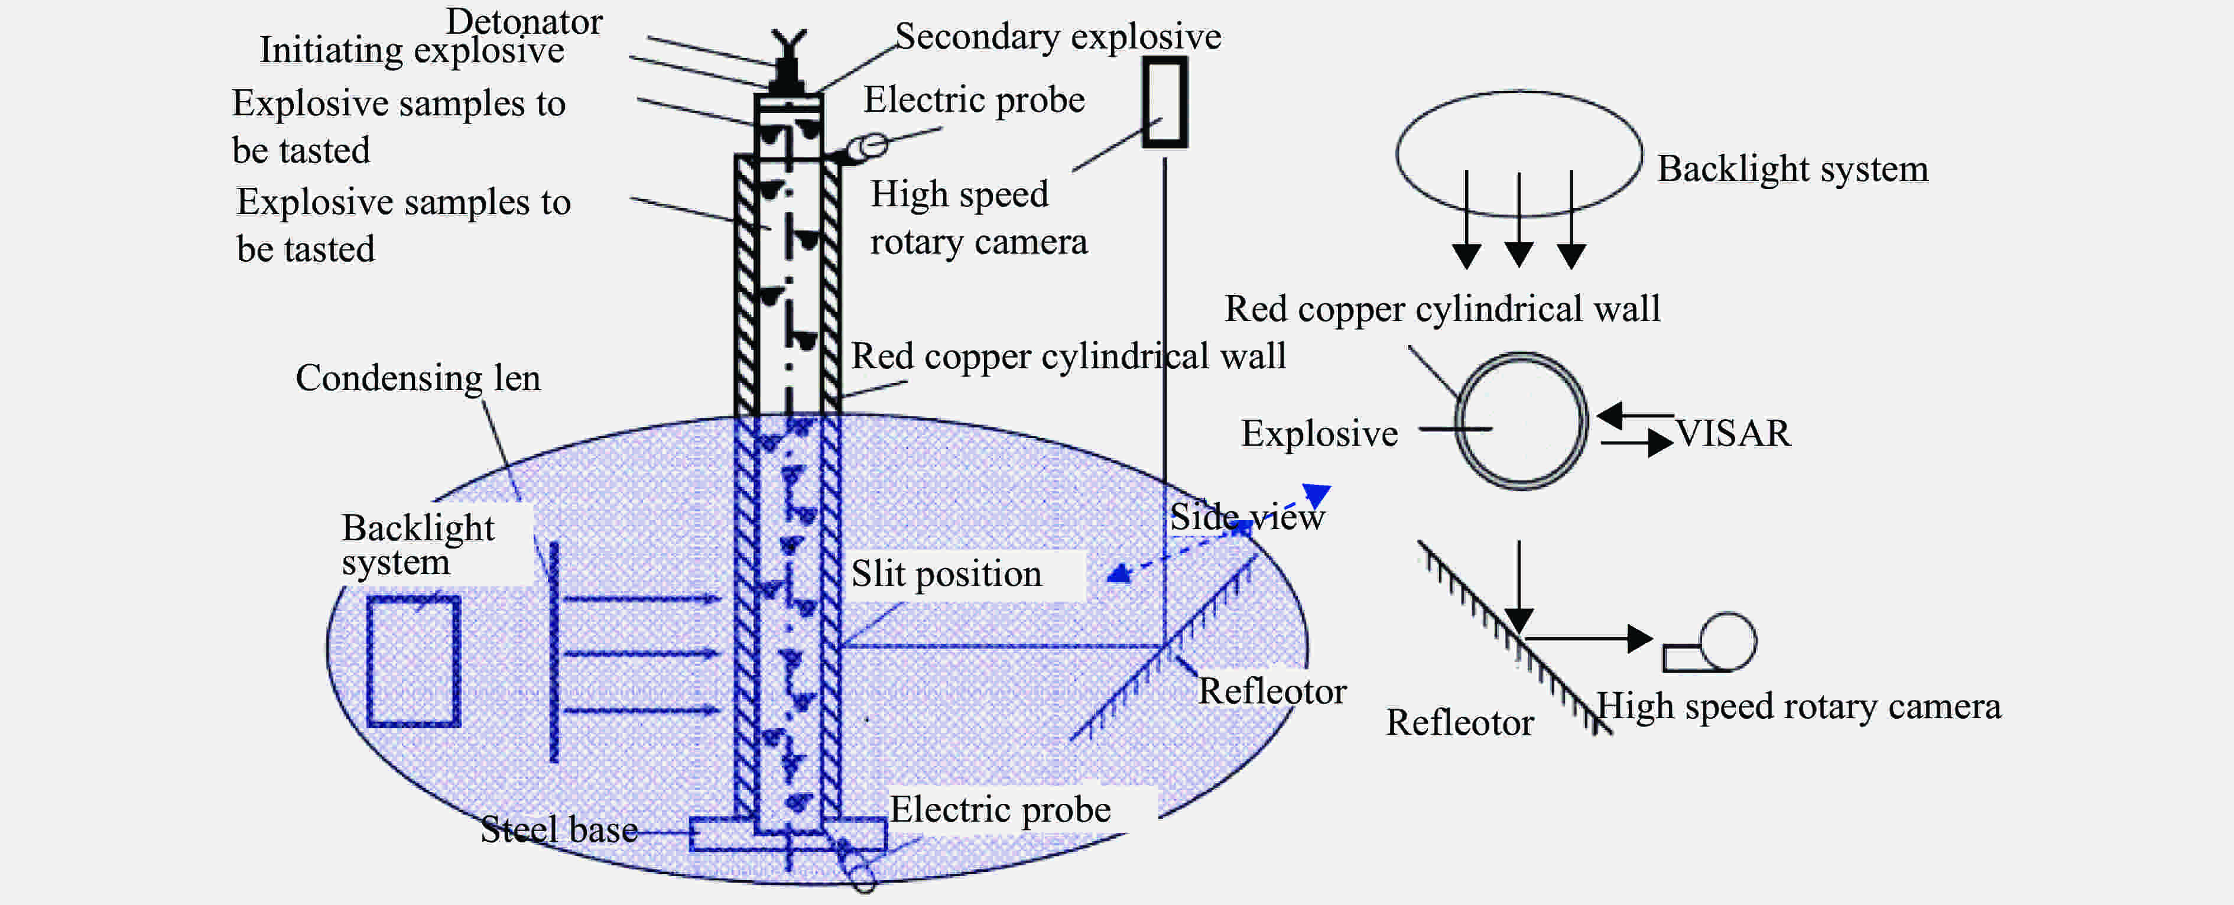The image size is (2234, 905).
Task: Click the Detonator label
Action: [524, 21]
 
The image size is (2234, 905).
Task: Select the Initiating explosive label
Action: [412, 50]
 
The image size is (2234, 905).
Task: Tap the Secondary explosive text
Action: [1057, 37]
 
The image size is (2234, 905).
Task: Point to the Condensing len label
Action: [418, 378]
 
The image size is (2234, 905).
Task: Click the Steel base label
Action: [559, 829]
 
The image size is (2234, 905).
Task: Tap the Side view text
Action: [1246, 517]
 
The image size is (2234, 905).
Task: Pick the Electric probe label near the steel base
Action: [1000, 810]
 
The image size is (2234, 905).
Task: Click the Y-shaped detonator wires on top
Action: [788, 43]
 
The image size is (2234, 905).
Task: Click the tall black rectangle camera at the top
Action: [1164, 102]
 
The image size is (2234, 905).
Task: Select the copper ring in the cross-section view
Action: [1521, 421]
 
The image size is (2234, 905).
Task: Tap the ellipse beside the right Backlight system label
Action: [1518, 153]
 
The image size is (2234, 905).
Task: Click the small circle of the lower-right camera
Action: [1728, 641]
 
